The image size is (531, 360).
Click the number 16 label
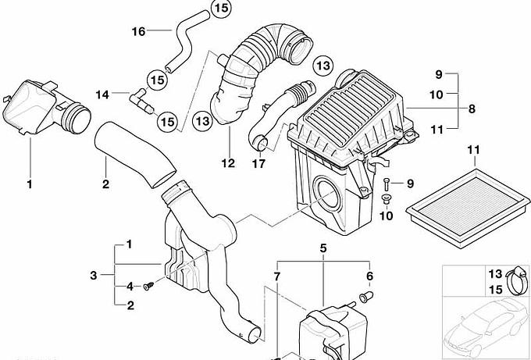pyautogui.click(x=138, y=31)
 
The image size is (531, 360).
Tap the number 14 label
pyautogui.click(x=102, y=94)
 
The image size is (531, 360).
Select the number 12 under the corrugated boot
pyautogui.click(x=228, y=163)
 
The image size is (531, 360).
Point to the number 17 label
pyautogui.click(x=258, y=163)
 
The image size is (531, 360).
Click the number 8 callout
pyautogui.click(x=472, y=109)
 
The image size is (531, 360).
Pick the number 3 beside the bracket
pyautogui.click(x=94, y=276)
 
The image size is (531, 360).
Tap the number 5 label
pyautogui.click(x=323, y=248)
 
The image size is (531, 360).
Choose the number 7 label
pyautogui.click(x=277, y=276)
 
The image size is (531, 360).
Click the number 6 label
pyautogui.click(x=369, y=276)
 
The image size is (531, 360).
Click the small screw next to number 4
pyautogui.click(x=148, y=286)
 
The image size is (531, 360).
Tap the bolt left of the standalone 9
pyautogui.click(x=387, y=184)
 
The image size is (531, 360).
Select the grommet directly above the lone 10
pyautogui.click(x=385, y=198)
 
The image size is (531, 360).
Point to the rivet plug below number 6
pyautogui.click(x=365, y=297)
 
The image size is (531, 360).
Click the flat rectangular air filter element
pyautogui.click(x=469, y=208)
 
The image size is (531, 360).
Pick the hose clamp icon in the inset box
pyautogui.click(x=517, y=280)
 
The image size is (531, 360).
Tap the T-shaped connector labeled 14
pyautogui.click(x=141, y=101)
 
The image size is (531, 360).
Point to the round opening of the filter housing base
pyautogui.click(x=326, y=192)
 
